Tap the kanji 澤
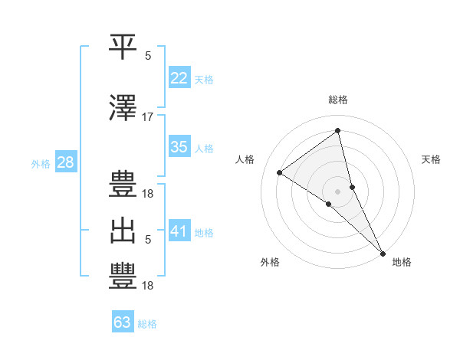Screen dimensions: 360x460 pos(123,108)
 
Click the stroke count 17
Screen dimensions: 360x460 pos(148,117)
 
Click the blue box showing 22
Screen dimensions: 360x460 pos(179,78)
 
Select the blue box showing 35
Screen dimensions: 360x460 pos(179,147)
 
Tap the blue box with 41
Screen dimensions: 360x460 pos(179,231)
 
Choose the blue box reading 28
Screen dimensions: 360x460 pos(65,162)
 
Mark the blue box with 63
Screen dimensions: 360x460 pos(123,322)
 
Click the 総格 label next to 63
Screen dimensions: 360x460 pos(147,324)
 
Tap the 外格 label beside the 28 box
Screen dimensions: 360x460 pos(41,164)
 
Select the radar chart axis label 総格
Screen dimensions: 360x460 pos(338,100)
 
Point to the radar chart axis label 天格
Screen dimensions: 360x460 pos(432,159)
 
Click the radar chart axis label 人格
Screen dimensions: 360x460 pos(245,159)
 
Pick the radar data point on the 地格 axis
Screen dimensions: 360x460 pos(382,252)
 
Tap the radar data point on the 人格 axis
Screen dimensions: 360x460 pos(280,173)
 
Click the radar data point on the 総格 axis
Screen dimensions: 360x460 pos(338,131)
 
